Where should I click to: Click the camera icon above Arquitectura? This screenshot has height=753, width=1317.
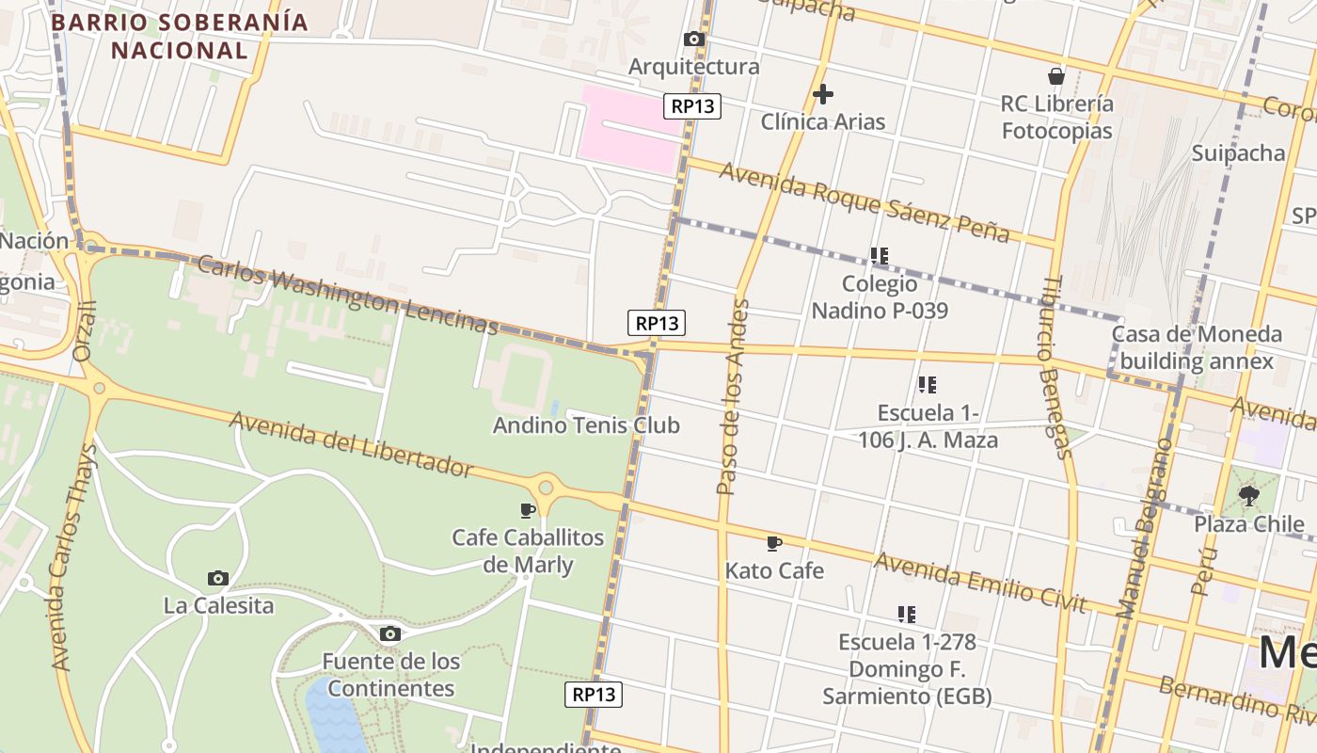coord(694,40)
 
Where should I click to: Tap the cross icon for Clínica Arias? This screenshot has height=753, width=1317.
coord(823,94)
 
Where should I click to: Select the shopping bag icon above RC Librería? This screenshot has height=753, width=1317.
coord(1056,76)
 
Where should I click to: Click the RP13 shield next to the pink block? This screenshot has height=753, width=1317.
coord(692,106)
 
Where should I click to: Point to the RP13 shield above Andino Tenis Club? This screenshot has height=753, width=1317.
coord(657,323)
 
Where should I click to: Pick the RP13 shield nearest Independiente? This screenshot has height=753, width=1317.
coord(594,695)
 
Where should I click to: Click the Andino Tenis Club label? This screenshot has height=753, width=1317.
coord(586,425)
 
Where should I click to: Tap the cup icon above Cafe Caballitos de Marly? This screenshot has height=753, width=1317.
coord(528,510)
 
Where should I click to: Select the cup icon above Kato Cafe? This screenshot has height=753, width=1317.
coord(774,543)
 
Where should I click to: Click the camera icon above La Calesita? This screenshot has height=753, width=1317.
coord(218,578)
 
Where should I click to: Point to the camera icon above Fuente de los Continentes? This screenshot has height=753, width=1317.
coord(390,633)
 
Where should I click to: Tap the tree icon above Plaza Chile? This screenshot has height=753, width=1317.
coord(1249,496)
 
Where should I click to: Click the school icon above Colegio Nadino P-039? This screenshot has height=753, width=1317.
coord(880,256)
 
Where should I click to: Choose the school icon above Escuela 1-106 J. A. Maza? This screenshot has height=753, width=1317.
coord(928,385)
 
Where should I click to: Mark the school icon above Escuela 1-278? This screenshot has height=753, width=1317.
coord(907,615)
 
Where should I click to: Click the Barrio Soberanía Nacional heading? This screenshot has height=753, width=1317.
coord(179,36)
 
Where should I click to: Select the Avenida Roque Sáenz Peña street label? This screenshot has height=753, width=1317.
coord(865,201)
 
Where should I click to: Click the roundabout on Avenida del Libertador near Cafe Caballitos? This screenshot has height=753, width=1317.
coord(546,488)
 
